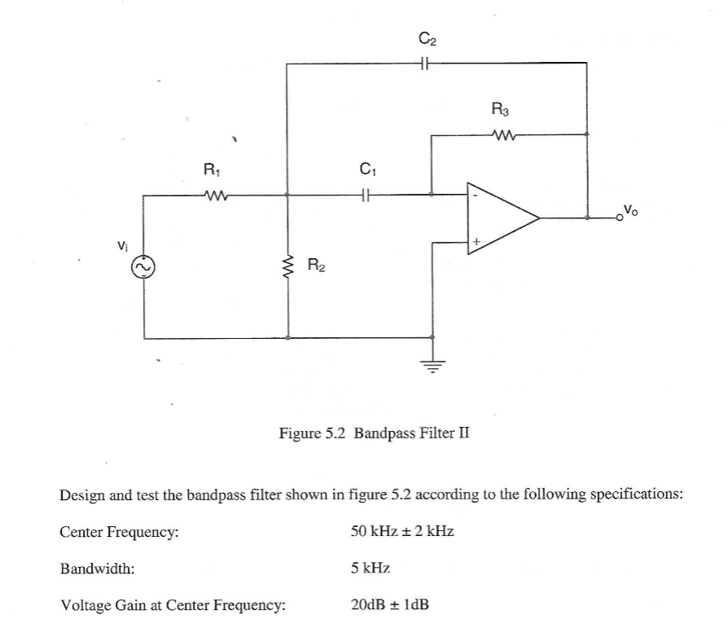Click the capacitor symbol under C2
pos(425,62)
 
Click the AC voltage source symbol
pos(144,266)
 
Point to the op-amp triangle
pos(498,218)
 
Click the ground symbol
pos(432,366)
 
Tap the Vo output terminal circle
pos(620,218)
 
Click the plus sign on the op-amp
pos(477,241)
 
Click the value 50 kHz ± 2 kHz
pos(401,531)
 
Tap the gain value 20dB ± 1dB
pos(389,604)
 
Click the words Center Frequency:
pos(120,532)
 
